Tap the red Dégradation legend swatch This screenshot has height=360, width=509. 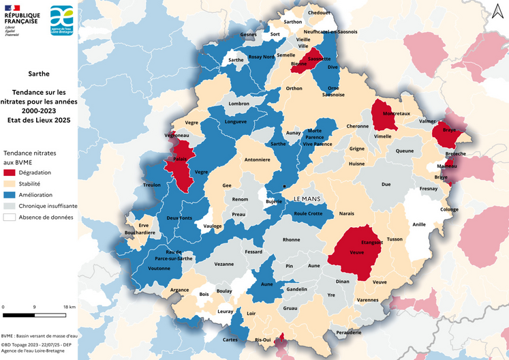coord(10,173)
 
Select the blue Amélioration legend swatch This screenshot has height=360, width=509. coord(10,195)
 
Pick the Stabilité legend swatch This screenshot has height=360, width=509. coord(10,184)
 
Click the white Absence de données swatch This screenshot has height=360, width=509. coord(10,217)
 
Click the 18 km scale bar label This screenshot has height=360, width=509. coord(69,307)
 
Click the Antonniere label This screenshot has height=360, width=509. coord(258,160)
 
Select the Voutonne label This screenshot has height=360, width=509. coord(159,269)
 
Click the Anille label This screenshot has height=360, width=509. coord(418,224)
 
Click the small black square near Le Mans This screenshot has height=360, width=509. coord(285,186)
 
